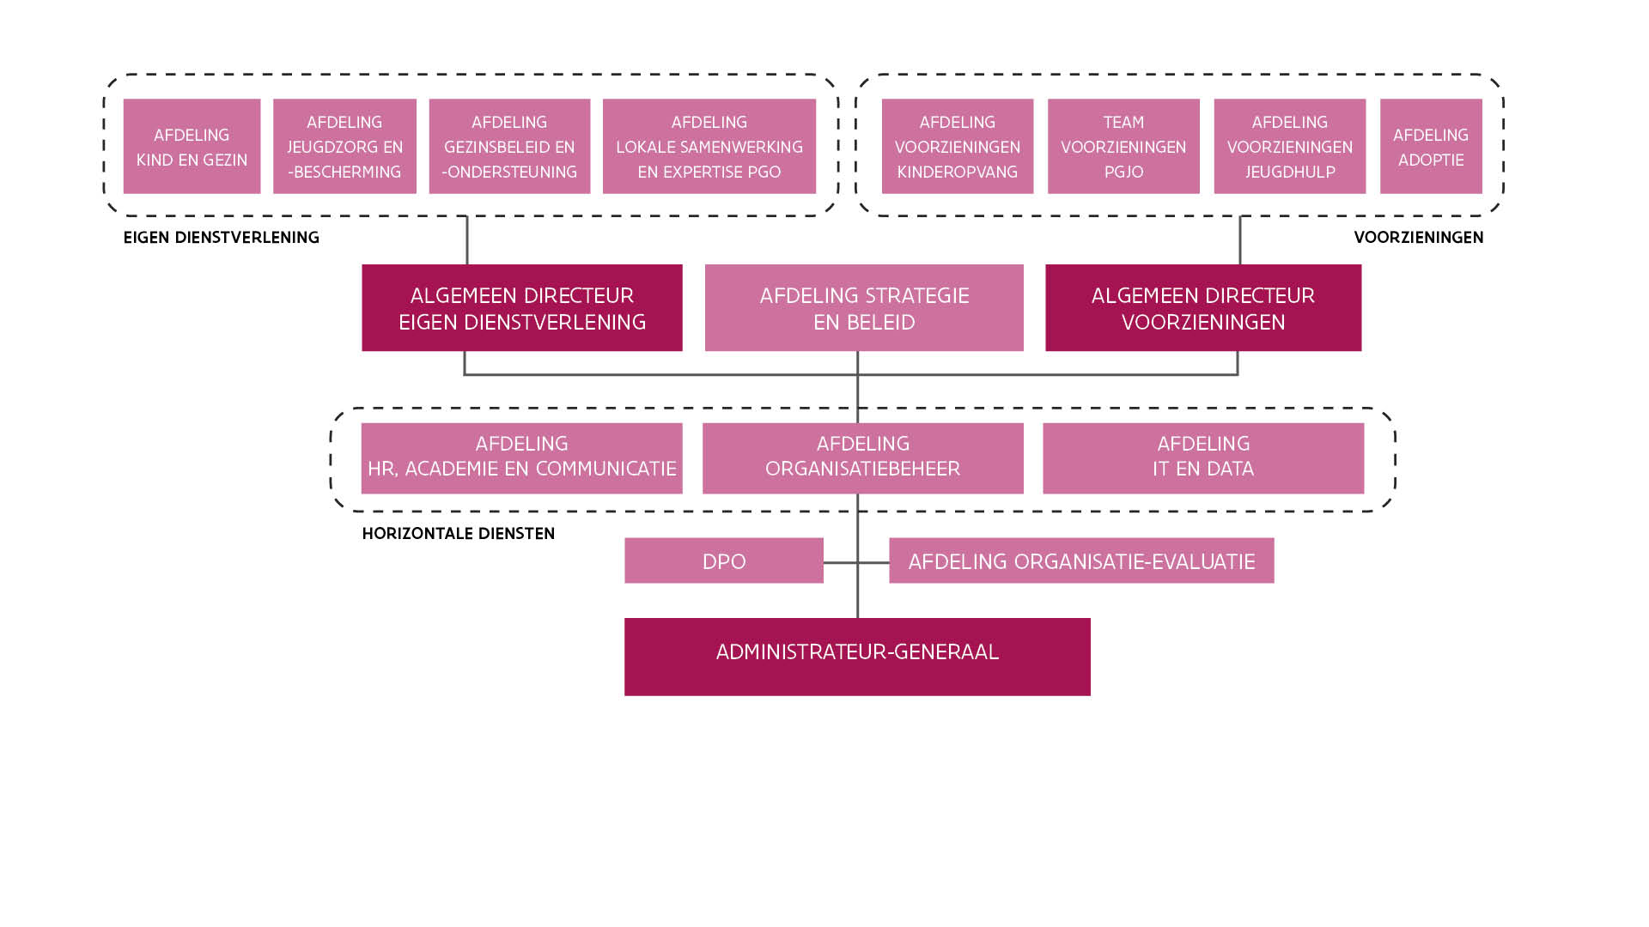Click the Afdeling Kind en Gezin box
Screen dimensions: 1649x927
[x=192, y=146]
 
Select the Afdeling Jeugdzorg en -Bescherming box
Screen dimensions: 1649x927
[x=344, y=146]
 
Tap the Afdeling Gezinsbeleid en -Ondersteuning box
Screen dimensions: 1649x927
[x=509, y=146]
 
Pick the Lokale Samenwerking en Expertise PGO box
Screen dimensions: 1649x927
[x=709, y=146]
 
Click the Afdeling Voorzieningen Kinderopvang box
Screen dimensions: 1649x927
[x=958, y=146]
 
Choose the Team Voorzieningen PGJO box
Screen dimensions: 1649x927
[x=1123, y=146]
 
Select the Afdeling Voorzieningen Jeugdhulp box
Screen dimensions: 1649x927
[x=1290, y=146]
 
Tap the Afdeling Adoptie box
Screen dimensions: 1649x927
[x=1431, y=146]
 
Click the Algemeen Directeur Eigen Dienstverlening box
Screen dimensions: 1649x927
[x=522, y=307]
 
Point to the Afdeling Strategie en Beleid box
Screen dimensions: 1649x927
[x=864, y=307]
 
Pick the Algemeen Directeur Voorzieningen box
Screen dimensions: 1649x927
[x=1203, y=307]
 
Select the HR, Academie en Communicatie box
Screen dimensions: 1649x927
[x=522, y=458]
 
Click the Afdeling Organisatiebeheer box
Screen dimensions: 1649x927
[x=863, y=458]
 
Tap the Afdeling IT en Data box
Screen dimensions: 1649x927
[x=1203, y=458]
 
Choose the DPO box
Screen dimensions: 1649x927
[x=724, y=560]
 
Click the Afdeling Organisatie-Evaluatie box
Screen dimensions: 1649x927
[x=1081, y=560]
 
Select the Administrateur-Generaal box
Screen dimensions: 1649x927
[x=857, y=657]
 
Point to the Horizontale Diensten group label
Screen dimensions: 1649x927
[x=459, y=534]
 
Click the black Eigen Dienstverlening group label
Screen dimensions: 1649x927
[x=222, y=238]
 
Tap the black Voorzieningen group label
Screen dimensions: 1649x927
[x=1419, y=238]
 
